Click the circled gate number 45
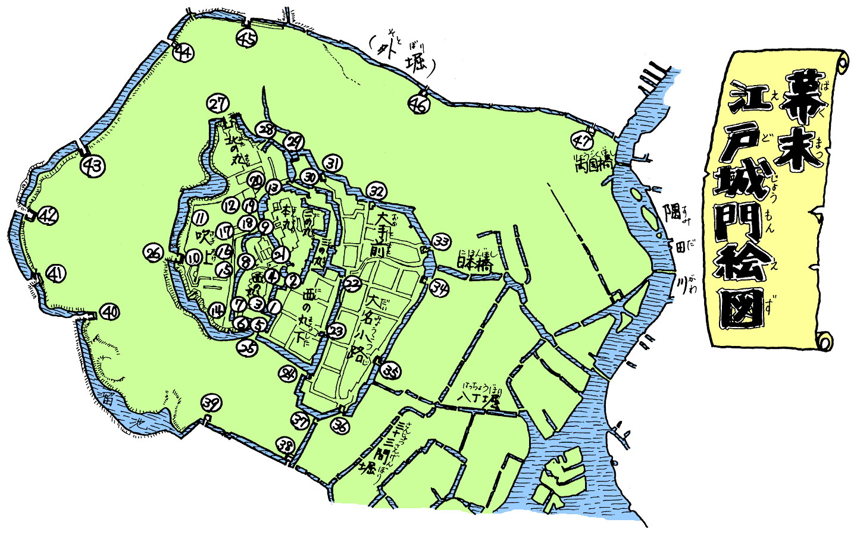247,39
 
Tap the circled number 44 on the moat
183,53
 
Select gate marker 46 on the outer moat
419,105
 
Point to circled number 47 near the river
582,140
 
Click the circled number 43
93,166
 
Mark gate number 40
110,311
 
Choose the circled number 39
211,404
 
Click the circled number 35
391,372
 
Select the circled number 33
441,241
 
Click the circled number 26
154,254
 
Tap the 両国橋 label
591,165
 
